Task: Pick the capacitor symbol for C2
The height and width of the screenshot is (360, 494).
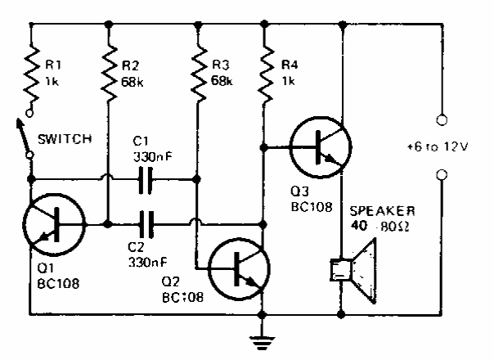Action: click(147, 222)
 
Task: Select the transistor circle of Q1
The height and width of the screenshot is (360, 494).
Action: click(53, 222)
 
